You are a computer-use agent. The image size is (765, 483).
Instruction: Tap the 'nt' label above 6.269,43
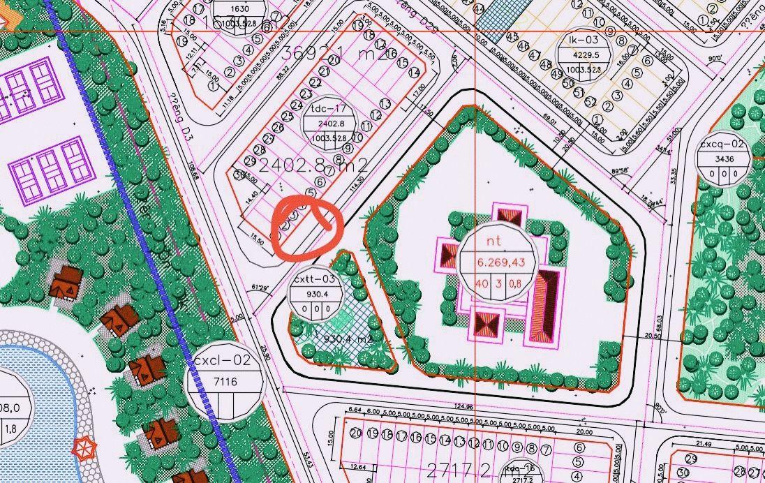495,239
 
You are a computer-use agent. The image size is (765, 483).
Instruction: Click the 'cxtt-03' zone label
315,279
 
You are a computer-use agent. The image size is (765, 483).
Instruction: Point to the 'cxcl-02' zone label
222,361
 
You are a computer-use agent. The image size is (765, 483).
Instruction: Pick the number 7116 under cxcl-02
225,381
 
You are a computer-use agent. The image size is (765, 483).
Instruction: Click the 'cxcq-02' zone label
722,145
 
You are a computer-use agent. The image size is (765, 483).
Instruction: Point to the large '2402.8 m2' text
313,165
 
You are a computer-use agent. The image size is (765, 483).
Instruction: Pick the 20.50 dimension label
653,336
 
